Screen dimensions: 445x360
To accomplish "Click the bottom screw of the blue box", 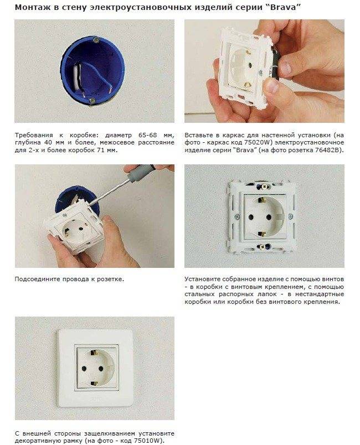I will (x=92, y=101).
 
